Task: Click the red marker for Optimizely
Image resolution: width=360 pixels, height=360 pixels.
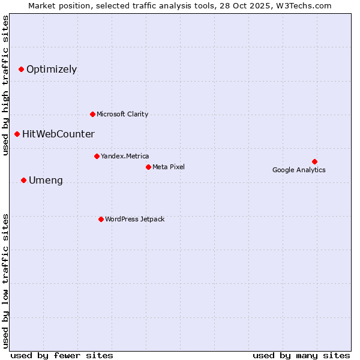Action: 21,70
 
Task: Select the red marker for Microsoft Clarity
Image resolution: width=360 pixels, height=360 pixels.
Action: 92,114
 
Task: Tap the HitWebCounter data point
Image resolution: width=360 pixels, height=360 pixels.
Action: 17,134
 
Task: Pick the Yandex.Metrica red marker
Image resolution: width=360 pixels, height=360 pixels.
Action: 97,156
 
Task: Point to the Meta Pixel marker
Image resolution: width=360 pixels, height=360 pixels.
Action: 148,167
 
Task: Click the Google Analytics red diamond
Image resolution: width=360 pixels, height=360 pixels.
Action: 314,161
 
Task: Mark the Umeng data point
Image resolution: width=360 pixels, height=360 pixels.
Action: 23,180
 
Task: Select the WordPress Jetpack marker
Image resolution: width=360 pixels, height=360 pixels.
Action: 101,219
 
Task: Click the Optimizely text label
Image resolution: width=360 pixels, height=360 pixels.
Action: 52,70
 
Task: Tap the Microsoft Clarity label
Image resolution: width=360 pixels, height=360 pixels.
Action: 122,114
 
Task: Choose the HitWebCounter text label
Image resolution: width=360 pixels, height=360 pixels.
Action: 58,134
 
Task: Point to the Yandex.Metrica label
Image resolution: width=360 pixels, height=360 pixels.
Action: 125,156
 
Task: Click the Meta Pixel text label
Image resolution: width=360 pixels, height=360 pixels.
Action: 169,167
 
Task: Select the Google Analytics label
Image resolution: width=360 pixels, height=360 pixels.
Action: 299,170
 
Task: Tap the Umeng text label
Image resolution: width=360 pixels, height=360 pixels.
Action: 46,181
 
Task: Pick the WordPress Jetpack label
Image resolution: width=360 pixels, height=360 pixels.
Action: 134,219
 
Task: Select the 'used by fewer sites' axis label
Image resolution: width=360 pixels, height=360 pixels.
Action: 62,355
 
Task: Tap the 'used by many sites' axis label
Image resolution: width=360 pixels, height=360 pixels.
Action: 301,355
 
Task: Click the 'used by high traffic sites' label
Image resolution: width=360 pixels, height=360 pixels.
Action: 5,86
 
